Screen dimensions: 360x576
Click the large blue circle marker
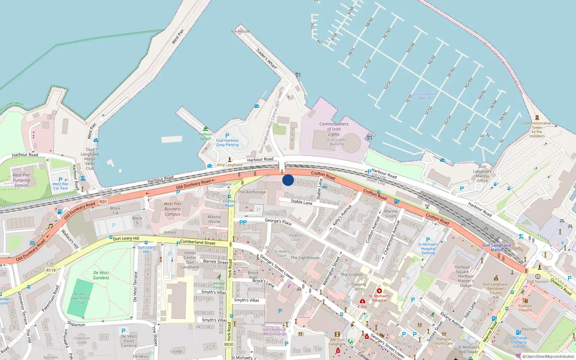pos(288,180)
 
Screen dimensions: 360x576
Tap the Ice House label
pos(240,31)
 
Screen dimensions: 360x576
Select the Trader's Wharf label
pos(267,59)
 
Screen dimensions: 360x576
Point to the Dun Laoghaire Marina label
pos(425,96)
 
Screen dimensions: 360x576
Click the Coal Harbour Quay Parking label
pos(227,143)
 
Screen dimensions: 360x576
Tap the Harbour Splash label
pos(205,136)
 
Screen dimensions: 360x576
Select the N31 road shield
pos(103,202)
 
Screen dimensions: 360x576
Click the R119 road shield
pos(51,270)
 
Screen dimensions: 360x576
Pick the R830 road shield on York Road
pos(229,345)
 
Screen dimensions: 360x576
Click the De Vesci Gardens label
pos(101,275)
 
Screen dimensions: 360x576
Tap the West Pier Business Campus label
pos(172,209)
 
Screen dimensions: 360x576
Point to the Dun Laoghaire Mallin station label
pos(496,248)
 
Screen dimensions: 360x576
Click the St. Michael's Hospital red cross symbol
pos(379,291)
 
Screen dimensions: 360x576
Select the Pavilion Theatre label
pos(525,308)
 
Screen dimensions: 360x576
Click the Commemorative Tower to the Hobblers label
pos(537,129)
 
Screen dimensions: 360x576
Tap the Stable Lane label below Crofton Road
pos(302,202)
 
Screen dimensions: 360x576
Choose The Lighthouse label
pos(305,258)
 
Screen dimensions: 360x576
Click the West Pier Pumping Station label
pos(21,180)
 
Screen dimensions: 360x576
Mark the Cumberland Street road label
pos(198,242)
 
